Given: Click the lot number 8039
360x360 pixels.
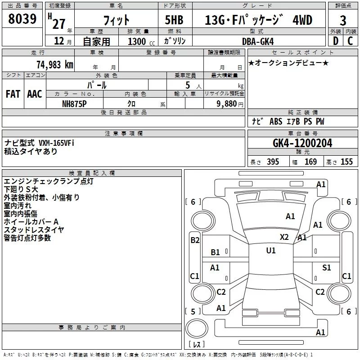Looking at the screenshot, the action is (22, 19).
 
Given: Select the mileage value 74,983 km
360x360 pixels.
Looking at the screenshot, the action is (54, 64).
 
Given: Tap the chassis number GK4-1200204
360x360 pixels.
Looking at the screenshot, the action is (302, 143).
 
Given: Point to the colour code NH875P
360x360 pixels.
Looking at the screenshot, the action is (75, 103).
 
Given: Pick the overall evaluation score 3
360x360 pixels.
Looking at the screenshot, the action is (343, 20).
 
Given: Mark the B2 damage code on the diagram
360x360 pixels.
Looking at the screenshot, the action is (194, 240).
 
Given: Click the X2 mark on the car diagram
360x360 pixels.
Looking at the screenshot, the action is (284, 237).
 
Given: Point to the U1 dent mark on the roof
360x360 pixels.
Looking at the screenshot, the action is (271, 251).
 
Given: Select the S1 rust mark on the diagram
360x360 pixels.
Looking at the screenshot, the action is (327, 267).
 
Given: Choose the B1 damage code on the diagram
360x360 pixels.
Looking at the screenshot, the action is (216, 252).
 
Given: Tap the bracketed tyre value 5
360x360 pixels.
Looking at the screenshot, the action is (193, 311).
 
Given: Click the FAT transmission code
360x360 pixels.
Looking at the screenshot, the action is (13, 94).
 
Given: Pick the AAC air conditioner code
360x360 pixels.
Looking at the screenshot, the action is (35, 94).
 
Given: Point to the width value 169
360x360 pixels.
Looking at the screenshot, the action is (311, 162).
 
